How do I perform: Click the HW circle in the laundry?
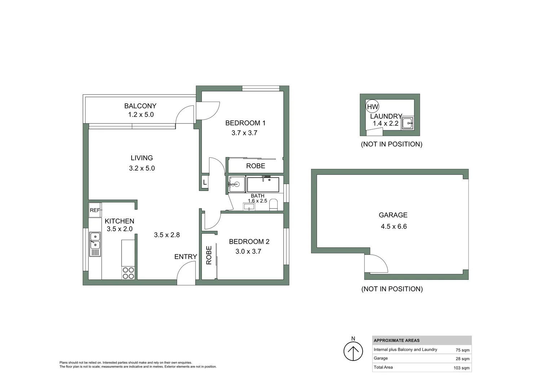[x=373, y=107]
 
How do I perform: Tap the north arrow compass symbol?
[x=353, y=351]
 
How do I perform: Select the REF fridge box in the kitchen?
[x=95, y=210]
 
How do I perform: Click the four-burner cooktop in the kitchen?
[x=128, y=273]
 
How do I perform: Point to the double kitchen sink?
[x=95, y=241]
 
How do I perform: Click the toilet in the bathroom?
[x=273, y=205]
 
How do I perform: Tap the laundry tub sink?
[x=408, y=123]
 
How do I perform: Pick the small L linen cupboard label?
[x=205, y=183]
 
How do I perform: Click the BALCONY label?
[x=140, y=106]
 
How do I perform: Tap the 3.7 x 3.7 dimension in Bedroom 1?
[x=244, y=133]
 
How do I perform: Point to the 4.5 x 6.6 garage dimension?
[x=393, y=227]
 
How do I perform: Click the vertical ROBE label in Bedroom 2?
[x=209, y=255]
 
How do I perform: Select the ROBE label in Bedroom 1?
[x=255, y=166]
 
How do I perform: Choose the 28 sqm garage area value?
[x=462, y=359]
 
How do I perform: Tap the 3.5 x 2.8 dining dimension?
[x=167, y=235]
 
